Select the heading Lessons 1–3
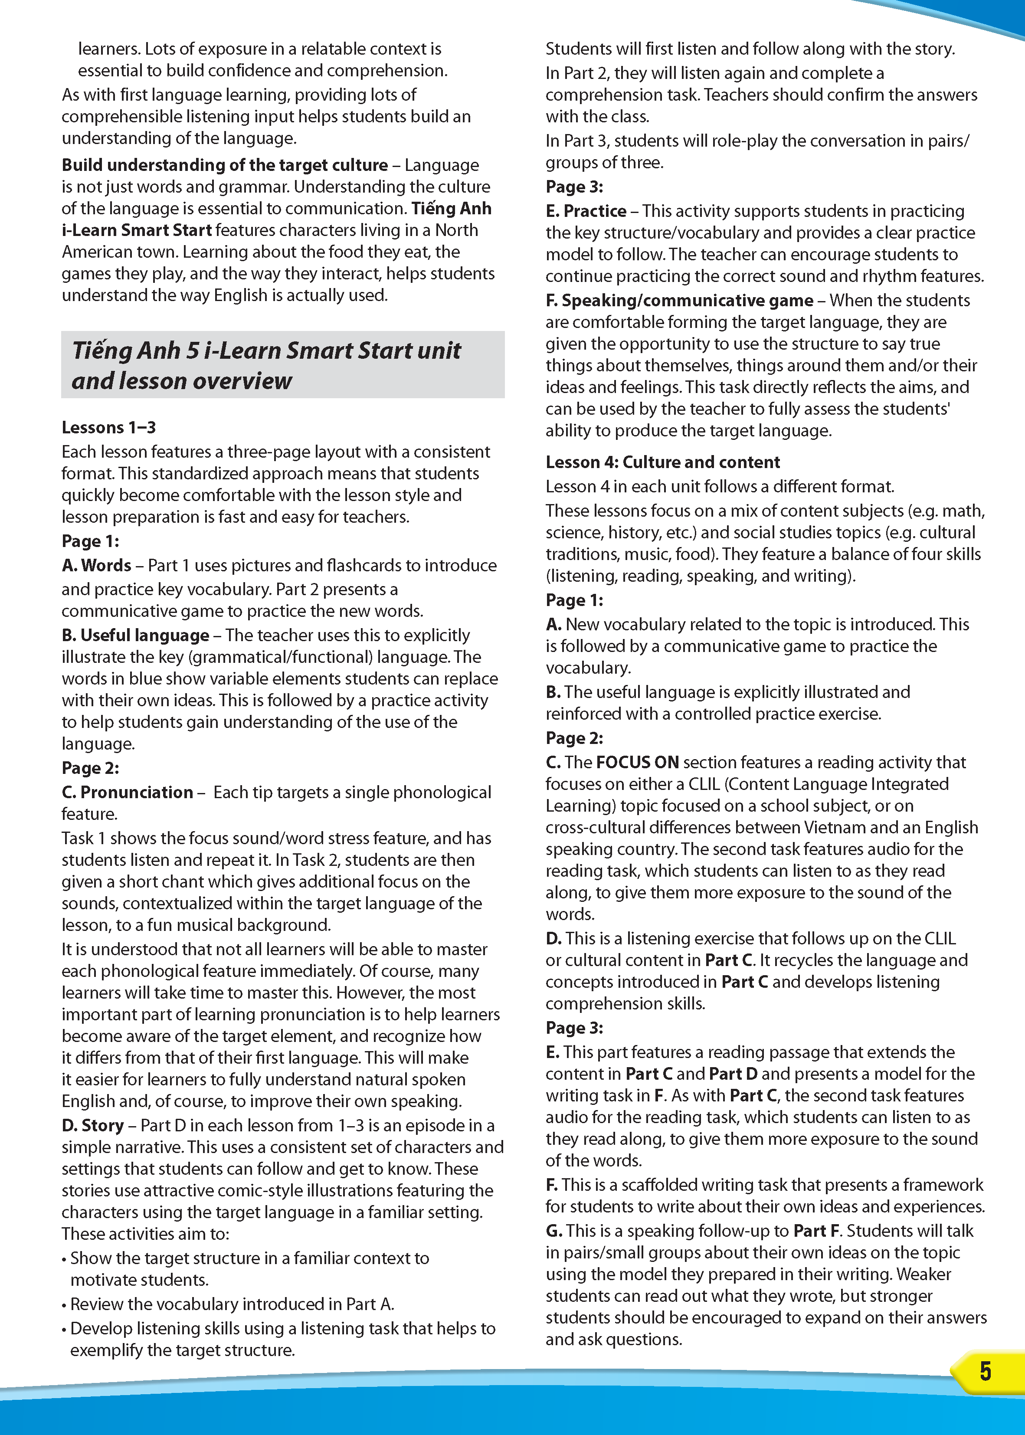[108, 427]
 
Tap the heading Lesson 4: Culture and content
[663, 462]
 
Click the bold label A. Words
[97, 565]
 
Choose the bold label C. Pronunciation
[128, 792]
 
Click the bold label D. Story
[93, 1125]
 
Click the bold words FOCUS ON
[638, 762]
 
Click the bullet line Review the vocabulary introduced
[232, 1304]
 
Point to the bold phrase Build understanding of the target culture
[225, 165]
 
